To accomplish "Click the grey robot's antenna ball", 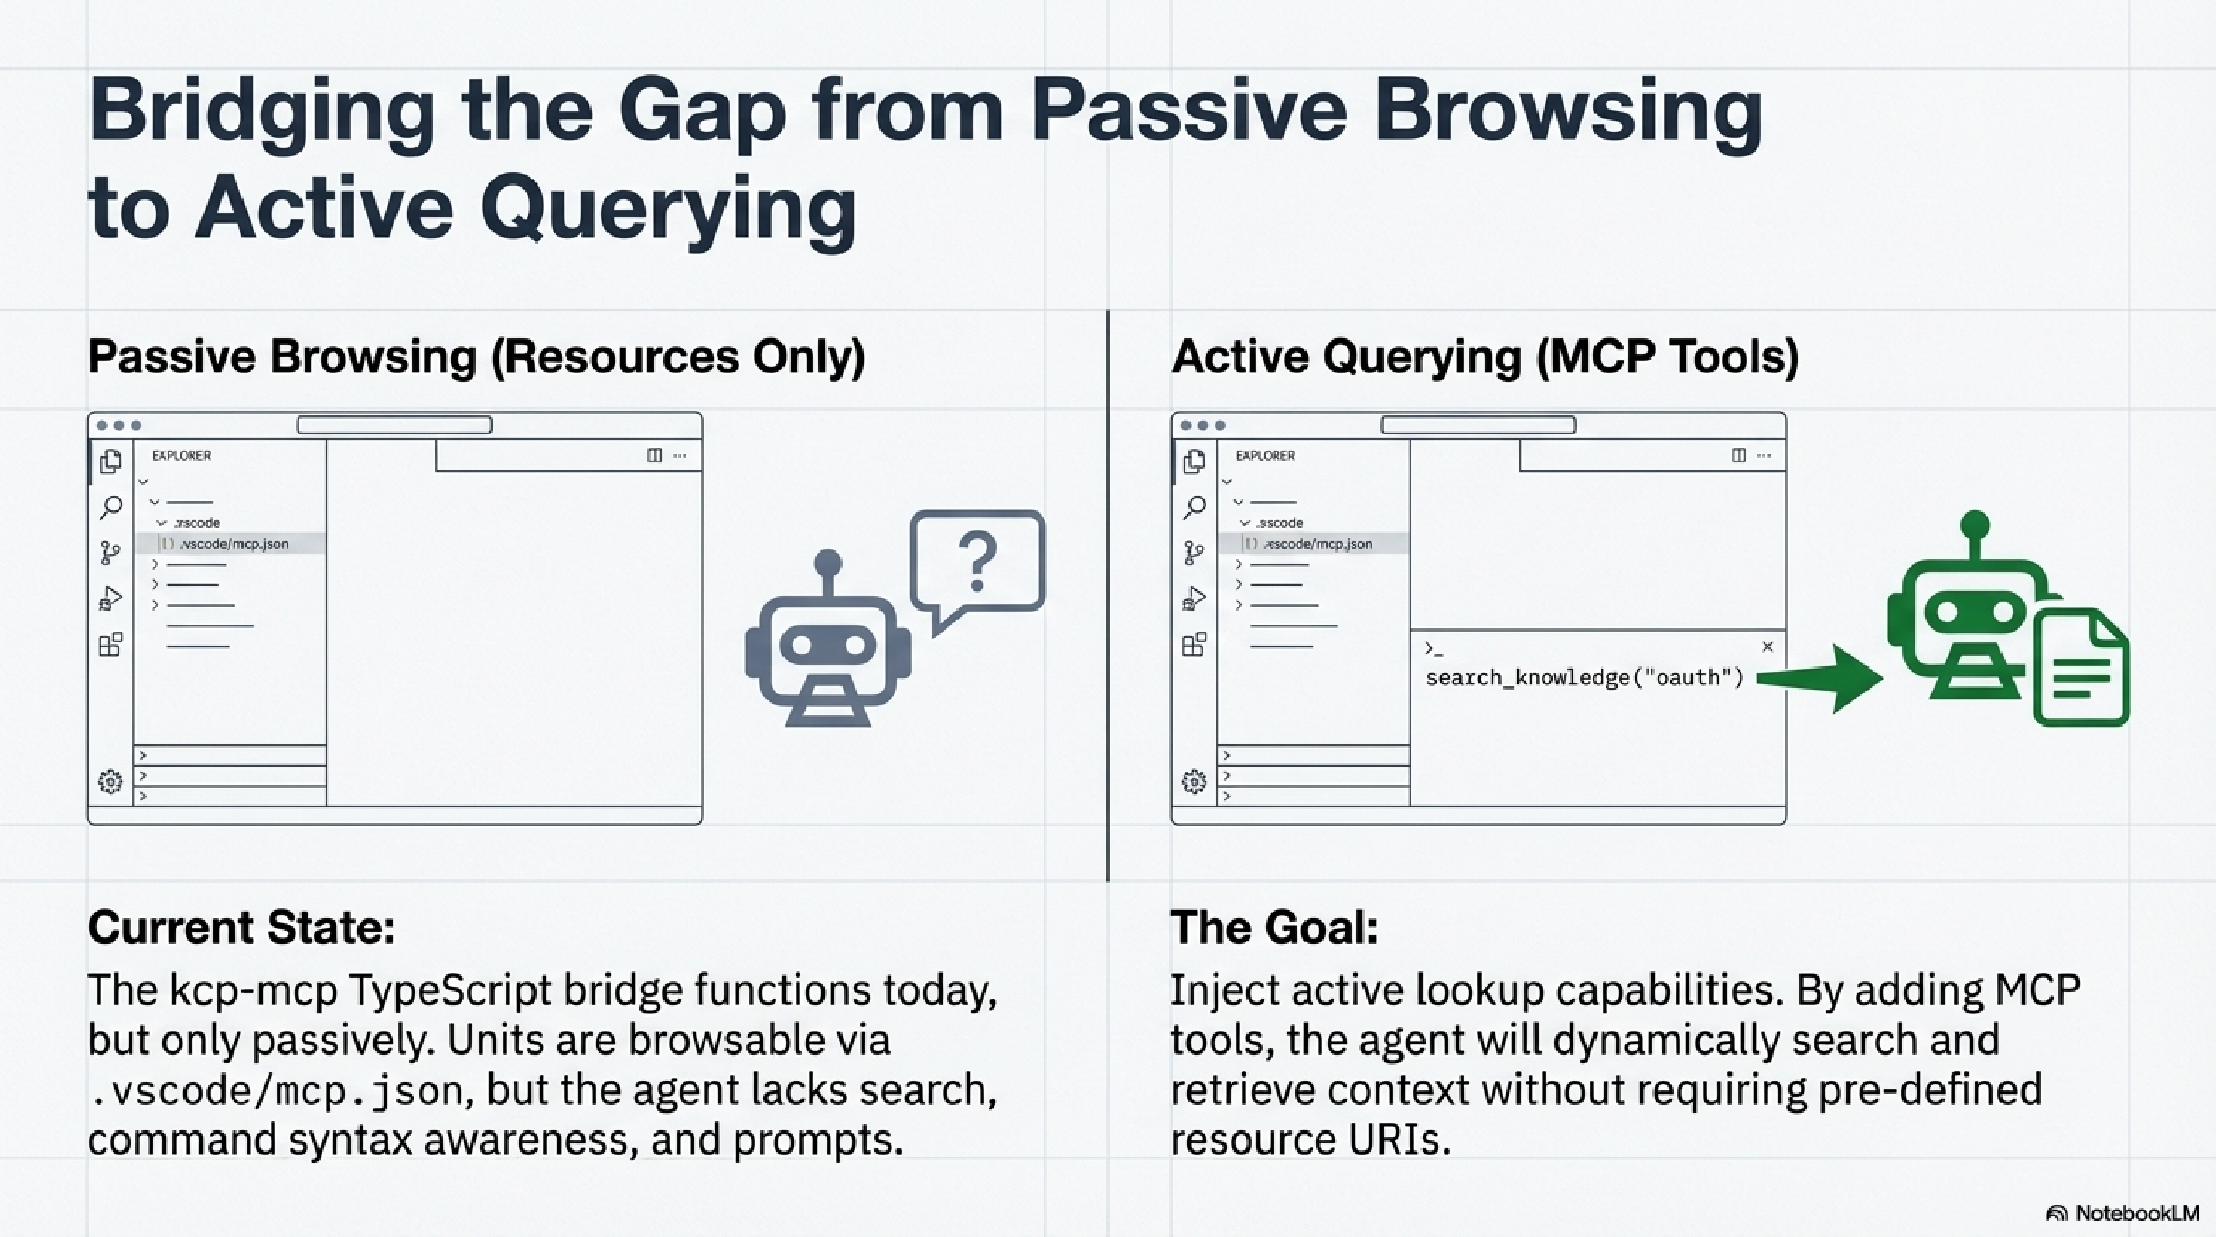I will pos(827,563).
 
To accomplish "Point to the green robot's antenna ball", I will pos(1974,524).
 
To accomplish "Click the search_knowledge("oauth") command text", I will pos(1584,678).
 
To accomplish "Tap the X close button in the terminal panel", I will pos(1767,647).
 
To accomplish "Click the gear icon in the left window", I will pos(110,781).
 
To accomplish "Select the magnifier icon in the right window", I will pos(1194,507).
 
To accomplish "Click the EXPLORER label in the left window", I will pos(182,455).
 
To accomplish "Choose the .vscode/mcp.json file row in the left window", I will pos(232,544).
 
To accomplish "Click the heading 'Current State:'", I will pos(241,927).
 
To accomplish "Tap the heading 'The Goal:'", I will pos(1273,927).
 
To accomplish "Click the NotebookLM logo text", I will pos(2135,1213).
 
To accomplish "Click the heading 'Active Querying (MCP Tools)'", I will pos(1484,356).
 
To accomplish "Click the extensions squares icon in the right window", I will pos(1194,644).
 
